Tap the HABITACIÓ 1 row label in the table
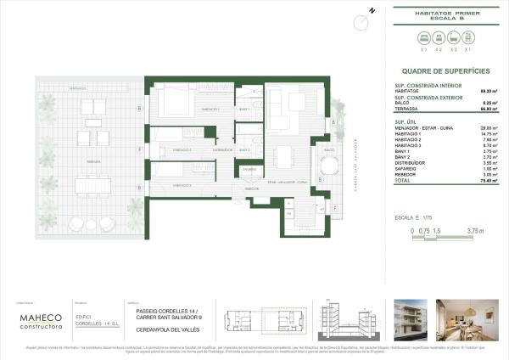pyautogui.click(x=409, y=133)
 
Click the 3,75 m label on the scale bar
pyautogui.click(x=475, y=230)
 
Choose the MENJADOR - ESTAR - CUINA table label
pyautogui.click(x=421, y=127)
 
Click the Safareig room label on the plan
pyautogui.click(x=248, y=170)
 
